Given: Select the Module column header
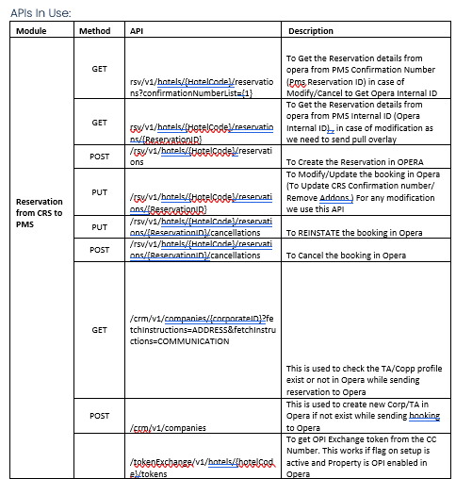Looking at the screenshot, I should click(x=32, y=31).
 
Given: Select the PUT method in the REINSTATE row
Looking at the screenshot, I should click(x=99, y=226).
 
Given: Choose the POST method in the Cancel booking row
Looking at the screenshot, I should click(x=99, y=249).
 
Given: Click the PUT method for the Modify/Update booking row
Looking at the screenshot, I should click(x=99, y=192).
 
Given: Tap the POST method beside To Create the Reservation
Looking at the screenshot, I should click(x=99, y=157).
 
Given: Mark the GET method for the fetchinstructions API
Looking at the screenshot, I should click(x=99, y=330).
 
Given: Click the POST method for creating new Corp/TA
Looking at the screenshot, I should click(x=99, y=414).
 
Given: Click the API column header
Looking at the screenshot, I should click(x=138, y=31).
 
